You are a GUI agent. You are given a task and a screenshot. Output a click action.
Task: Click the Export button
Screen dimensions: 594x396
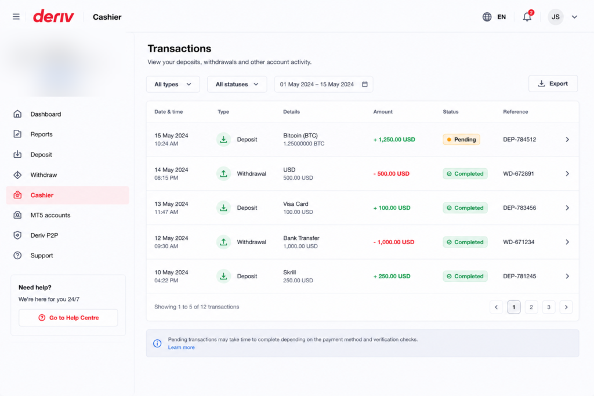(553, 83)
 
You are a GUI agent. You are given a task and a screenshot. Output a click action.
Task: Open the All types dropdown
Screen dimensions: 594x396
(173, 85)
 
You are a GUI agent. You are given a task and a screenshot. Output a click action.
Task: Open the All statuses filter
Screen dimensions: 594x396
(237, 85)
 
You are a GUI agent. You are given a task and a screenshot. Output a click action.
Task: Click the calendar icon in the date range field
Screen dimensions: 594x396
(364, 85)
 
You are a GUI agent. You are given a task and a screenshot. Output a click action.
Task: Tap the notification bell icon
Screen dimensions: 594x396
(527, 17)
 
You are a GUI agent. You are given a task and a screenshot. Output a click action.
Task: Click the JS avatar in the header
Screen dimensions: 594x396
(555, 17)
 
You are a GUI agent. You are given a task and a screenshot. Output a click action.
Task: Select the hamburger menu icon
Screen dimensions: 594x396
(16, 17)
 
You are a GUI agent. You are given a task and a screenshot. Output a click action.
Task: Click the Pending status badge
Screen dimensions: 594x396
(461, 139)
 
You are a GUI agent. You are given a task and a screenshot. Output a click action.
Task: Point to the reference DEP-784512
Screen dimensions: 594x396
(519, 139)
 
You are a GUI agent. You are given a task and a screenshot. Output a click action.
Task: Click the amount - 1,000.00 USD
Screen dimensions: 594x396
(394, 242)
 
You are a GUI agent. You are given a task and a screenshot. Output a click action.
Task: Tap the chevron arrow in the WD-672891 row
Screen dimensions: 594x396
(567, 174)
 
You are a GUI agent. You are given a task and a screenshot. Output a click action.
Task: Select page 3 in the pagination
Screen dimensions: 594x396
(549, 307)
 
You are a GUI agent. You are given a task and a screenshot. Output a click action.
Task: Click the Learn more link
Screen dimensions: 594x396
(181, 347)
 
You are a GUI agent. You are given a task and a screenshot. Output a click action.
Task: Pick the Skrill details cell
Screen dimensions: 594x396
(298, 277)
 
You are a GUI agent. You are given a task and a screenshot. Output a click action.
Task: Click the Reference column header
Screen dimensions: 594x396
(515, 112)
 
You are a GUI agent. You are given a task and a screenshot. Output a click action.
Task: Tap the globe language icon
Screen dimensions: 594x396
(487, 17)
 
